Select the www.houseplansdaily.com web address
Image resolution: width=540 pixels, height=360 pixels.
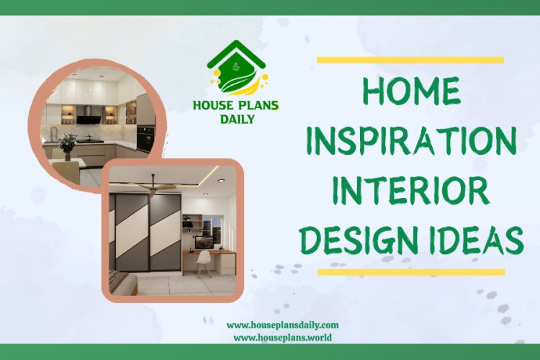coord(282,325)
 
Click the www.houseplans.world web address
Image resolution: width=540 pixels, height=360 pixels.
coord(282,337)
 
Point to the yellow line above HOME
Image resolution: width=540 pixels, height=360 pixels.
coord(410,60)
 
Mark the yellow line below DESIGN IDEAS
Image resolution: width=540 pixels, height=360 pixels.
coord(410,272)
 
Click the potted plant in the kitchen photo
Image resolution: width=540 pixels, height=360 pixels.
coord(68,143)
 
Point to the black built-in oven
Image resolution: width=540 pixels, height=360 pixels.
coord(145,136)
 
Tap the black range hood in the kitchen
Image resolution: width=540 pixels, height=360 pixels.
coord(90,113)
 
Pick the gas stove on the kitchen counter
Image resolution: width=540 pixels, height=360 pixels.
coord(92,139)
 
